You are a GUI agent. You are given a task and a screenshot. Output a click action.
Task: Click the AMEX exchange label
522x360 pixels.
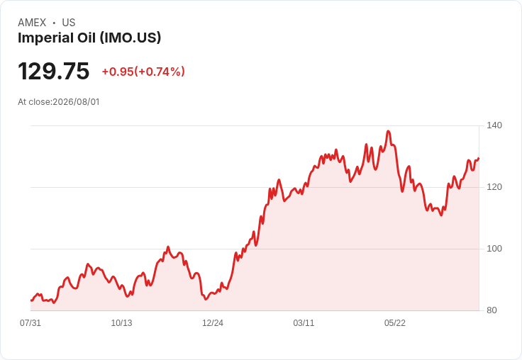pos(32,23)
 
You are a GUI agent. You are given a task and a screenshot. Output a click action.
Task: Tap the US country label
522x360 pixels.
pos(69,23)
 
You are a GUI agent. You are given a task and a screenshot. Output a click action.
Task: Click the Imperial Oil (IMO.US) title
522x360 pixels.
pos(89,38)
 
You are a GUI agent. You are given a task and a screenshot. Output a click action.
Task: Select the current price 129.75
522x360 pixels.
pos(54,71)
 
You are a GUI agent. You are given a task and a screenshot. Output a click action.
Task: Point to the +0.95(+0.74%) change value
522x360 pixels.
pos(143,72)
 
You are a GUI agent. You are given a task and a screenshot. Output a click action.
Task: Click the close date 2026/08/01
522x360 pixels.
pos(76,102)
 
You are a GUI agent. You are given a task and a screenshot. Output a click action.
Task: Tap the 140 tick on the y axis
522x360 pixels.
pos(494,125)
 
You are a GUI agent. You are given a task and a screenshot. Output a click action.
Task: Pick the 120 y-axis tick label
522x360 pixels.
pos(494,187)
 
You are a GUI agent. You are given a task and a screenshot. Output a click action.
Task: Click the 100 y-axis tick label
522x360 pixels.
pos(494,249)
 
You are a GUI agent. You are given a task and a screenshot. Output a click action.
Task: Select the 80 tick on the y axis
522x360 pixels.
pos(492,310)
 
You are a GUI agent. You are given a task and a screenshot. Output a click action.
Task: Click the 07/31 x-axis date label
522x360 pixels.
pos(30,322)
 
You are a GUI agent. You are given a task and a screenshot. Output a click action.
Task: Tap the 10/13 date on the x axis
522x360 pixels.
pos(121,322)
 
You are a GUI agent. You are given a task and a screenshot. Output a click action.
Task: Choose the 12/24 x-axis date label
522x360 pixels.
pos(213,322)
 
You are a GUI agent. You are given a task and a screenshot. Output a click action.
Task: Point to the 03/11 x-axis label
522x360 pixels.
pos(304,322)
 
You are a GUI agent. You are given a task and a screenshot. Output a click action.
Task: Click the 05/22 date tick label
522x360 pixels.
pos(395,322)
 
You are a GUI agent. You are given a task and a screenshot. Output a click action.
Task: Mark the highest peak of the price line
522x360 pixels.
pos(388,131)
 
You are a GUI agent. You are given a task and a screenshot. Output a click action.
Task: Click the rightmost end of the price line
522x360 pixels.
pos(479,158)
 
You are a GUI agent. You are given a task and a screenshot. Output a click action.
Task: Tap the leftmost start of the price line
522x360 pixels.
pos(31,300)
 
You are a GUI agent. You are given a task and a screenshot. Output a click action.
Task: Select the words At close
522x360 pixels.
pos(34,102)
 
